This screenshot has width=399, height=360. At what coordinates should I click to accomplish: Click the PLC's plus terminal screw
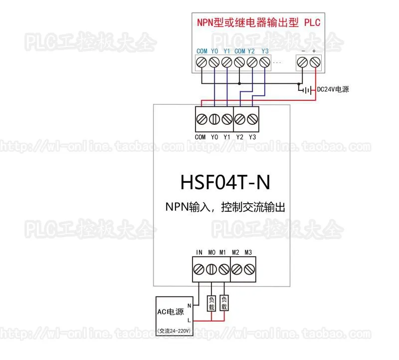[x=315, y=62]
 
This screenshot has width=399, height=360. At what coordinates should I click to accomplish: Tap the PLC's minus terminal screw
[x=302, y=62]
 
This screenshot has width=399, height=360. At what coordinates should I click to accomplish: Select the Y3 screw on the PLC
[x=265, y=62]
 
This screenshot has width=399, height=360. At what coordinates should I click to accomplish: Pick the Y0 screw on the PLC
[x=214, y=62]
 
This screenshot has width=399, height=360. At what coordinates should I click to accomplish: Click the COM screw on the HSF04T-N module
[x=202, y=119]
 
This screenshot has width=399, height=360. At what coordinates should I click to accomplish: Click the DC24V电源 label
[x=333, y=90]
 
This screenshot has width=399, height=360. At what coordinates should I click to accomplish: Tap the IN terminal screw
[x=199, y=270]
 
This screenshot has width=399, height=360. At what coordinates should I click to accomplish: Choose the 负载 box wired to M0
[x=211, y=304]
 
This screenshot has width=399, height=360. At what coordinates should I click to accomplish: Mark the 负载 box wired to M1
[x=224, y=304]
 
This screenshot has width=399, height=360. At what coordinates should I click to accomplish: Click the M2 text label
[x=236, y=252]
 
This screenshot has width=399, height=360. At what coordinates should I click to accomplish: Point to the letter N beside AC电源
[x=189, y=305]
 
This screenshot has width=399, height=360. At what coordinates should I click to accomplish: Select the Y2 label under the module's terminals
[x=240, y=137]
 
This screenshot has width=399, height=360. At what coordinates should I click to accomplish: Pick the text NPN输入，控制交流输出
[x=225, y=207]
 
